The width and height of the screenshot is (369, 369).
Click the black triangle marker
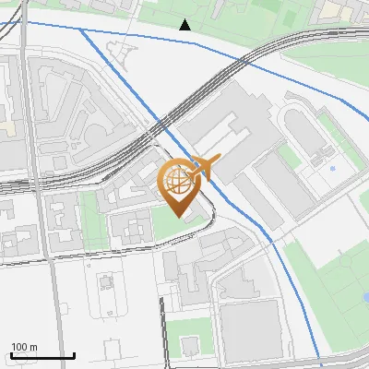[x=185, y=25]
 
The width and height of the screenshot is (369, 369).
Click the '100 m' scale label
[x=24, y=347]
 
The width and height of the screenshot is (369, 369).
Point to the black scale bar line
[x=42, y=356]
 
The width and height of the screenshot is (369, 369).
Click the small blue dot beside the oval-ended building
[x=332, y=169]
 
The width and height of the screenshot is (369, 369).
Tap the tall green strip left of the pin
[x=90, y=221]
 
